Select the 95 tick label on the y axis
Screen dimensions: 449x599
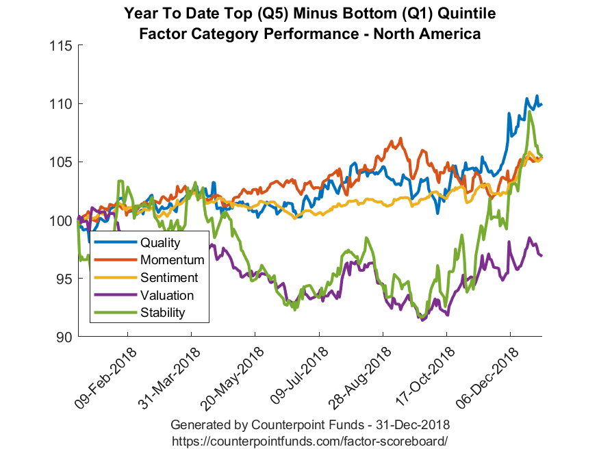point(64,279)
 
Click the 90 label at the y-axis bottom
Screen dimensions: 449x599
point(64,337)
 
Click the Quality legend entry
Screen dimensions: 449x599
point(160,242)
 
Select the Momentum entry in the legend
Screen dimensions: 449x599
point(172,260)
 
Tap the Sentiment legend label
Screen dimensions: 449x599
point(168,278)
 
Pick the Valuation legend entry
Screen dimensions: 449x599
point(166,296)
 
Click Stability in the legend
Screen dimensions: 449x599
point(162,313)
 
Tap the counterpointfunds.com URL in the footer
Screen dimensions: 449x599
point(309,440)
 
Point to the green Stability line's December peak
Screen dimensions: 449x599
point(530,112)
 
